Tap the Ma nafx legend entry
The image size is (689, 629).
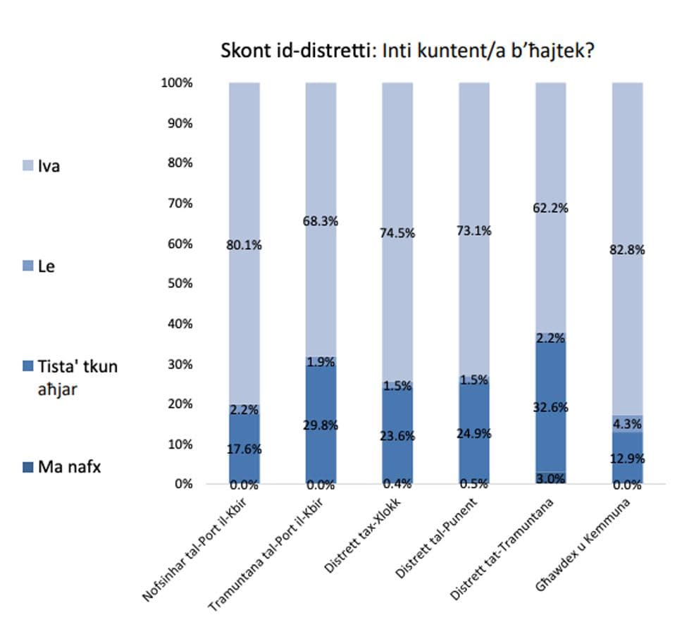coord(69,466)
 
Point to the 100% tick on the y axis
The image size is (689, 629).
coord(177,83)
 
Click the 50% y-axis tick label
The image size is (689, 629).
coord(180,284)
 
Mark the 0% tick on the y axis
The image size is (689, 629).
coord(183,484)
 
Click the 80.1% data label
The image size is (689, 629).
coord(244,246)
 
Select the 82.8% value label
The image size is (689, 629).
coord(628,249)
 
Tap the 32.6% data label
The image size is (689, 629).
coord(551,407)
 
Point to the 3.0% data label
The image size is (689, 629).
coord(551,479)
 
